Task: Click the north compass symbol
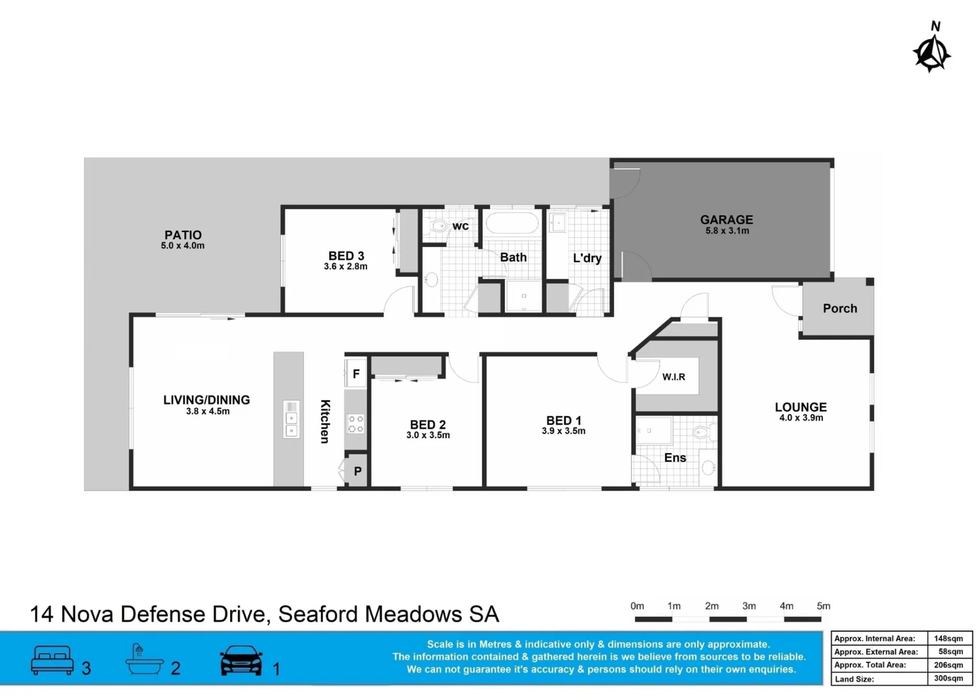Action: pos(932,52)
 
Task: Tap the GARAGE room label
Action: pos(726,220)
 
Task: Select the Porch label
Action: pos(840,309)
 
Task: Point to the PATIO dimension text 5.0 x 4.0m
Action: pos(182,246)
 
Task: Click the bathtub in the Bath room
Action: pos(512,224)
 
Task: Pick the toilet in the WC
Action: pos(439,226)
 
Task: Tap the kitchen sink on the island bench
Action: pos(291,419)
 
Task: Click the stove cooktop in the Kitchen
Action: pos(356,424)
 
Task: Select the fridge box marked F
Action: pos(356,374)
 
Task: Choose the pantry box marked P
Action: pos(357,471)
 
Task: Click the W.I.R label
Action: pos(674,377)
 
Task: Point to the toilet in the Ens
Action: pos(701,432)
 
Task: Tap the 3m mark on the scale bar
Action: pos(748,607)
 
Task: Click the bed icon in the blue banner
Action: pos(53,660)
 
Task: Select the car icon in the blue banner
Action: pos(241,660)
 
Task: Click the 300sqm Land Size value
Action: pos(948,679)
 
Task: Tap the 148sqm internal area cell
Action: pos(948,638)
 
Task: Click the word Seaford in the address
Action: pos(318,614)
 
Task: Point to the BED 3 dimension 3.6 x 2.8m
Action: pos(346,266)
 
